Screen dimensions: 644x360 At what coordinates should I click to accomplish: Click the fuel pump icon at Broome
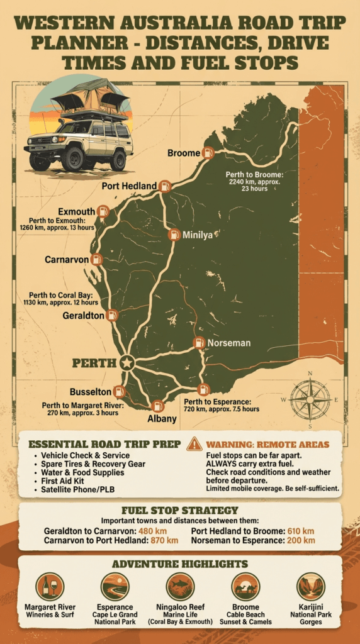coord(208,152)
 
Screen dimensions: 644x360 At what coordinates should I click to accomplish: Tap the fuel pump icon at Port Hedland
coord(165,186)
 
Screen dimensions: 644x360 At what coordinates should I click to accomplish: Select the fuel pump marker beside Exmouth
coord(104,211)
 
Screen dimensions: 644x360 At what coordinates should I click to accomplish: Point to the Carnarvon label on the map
coord(66,259)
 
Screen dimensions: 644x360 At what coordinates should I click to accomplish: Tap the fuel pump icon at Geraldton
coord(112,315)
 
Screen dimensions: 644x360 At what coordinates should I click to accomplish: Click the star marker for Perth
coord(127,363)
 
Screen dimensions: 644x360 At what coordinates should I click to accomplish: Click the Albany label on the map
coord(157,419)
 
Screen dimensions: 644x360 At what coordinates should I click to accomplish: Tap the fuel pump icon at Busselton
coord(120,391)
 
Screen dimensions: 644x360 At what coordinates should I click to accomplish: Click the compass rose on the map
coord(310,399)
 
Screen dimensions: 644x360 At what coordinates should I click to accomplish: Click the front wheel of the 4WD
coord(73,158)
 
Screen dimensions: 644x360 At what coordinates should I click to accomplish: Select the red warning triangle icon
coord(195,444)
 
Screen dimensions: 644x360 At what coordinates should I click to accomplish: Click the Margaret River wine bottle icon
coord(50,587)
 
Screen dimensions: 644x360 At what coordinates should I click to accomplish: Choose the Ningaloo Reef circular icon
coord(180,587)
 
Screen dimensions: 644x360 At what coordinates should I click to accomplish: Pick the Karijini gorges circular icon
coord(311,587)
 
